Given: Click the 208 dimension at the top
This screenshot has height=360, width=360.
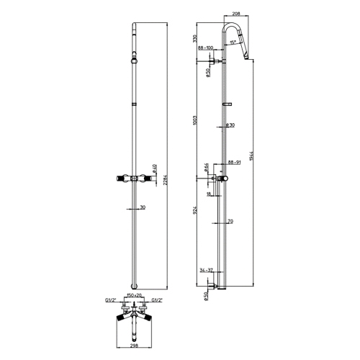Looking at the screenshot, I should click(x=236, y=14).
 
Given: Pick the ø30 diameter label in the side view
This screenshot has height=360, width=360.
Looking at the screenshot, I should click(x=229, y=125).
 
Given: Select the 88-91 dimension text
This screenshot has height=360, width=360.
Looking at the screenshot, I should click(x=234, y=163).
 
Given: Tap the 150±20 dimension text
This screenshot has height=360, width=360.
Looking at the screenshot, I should click(x=134, y=295).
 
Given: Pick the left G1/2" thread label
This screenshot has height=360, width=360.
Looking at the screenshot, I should click(x=111, y=300).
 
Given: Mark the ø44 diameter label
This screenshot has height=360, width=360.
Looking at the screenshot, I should click(x=206, y=168).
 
